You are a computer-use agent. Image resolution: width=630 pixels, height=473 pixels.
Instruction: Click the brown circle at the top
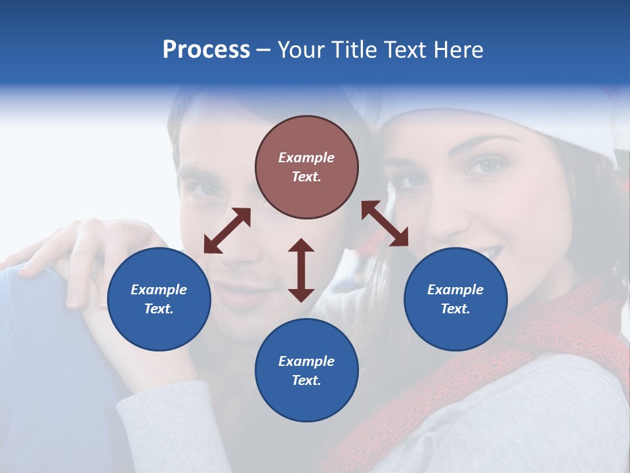point(306,167)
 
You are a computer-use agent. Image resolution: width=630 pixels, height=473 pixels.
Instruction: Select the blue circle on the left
point(159,299)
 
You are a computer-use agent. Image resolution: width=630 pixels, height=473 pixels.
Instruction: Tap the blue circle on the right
point(455,299)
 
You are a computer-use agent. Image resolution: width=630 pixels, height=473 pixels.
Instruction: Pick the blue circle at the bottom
point(306,371)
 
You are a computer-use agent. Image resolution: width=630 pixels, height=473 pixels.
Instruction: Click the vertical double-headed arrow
point(301,270)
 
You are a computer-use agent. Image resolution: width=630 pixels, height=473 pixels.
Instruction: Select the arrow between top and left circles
point(227,231)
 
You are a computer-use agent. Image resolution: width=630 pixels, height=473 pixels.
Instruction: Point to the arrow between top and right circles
point(385,223)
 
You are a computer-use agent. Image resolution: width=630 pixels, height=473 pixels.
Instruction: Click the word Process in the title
point(206,49)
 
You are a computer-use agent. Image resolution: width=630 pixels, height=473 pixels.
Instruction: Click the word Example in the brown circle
point(306,158)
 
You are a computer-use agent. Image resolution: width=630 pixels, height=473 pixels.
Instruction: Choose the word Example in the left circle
point(159,290)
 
